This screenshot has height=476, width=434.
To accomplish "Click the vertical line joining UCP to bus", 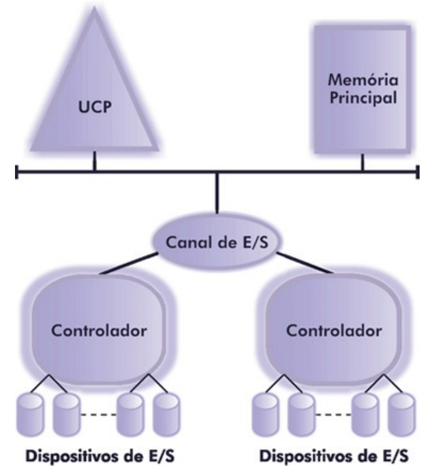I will point(94,161).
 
